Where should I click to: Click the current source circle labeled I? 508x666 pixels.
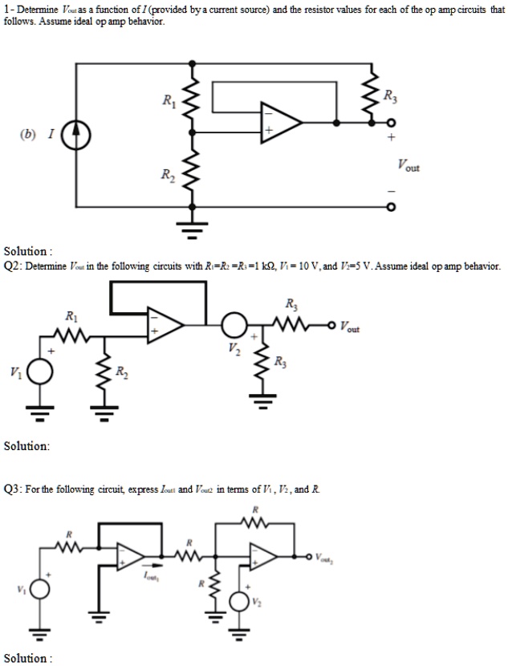point(77,136)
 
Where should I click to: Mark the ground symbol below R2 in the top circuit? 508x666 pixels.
point(192,231)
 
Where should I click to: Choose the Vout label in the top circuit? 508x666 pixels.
point(408,166)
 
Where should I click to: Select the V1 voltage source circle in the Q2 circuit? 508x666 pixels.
point(40,372)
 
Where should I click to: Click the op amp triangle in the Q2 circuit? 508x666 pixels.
point(165,325)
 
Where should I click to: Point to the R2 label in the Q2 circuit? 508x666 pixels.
point(120,371)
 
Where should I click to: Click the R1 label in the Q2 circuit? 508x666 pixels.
point(71,314)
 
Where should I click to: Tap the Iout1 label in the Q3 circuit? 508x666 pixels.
point(150,576)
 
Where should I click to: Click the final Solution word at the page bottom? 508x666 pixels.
point(25,658)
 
